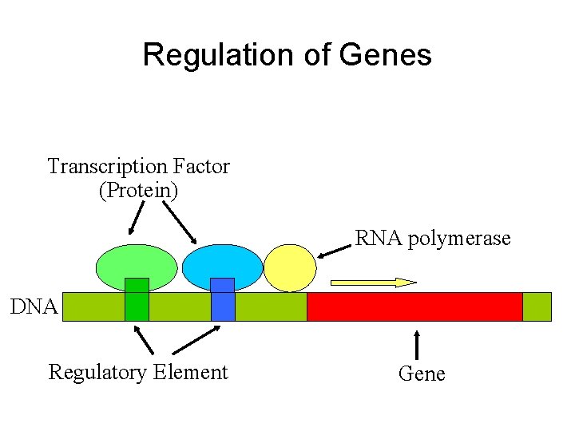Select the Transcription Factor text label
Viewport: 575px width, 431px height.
[138, 166]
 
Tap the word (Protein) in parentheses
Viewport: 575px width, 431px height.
[138, 191]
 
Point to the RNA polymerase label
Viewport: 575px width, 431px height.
[432, 238]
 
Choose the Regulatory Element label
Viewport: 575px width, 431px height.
[138, 372]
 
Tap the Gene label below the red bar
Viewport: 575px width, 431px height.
[421, 374]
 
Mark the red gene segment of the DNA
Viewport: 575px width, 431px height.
[414, 306]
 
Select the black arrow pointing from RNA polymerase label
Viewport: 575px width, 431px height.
[334, 250]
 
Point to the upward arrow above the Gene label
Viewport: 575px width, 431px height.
[417, 343]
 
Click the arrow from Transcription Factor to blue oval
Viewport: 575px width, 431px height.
[180, 221]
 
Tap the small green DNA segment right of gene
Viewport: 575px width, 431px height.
[537, 306]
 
